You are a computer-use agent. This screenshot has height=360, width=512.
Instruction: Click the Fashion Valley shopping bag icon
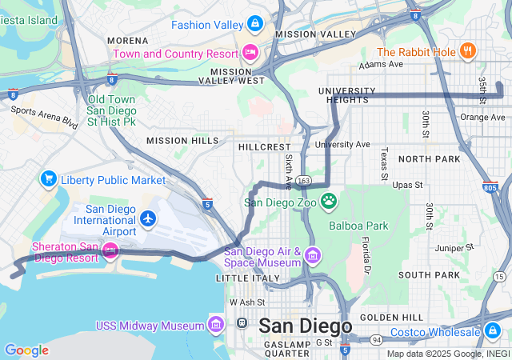(254, 24)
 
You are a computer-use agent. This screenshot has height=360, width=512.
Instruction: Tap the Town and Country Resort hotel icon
(250, 54)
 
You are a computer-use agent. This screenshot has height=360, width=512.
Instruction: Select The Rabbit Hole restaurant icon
(468, 53)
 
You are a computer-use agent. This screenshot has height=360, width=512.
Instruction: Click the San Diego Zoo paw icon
(328, 200)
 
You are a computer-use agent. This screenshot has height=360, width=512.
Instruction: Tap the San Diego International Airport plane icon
(147, 218)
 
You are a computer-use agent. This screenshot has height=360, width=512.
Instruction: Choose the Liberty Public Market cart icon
(49, 179)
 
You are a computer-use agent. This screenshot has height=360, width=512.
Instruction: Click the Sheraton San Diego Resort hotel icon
(110, 252)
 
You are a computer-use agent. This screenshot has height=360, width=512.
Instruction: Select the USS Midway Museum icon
(215, 325)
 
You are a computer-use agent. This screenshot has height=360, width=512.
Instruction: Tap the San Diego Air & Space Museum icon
(312, 257)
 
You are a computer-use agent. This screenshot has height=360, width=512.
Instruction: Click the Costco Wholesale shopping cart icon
(493, 331)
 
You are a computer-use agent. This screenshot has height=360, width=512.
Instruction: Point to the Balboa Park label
(358, 226)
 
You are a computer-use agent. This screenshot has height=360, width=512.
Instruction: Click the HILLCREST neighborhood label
(264, 147)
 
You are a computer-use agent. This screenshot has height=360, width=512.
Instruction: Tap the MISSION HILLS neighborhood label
(182, 141)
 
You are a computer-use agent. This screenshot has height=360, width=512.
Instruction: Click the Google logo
(26, 350)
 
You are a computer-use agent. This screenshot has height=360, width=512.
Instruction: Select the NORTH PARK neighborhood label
(429, 159)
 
